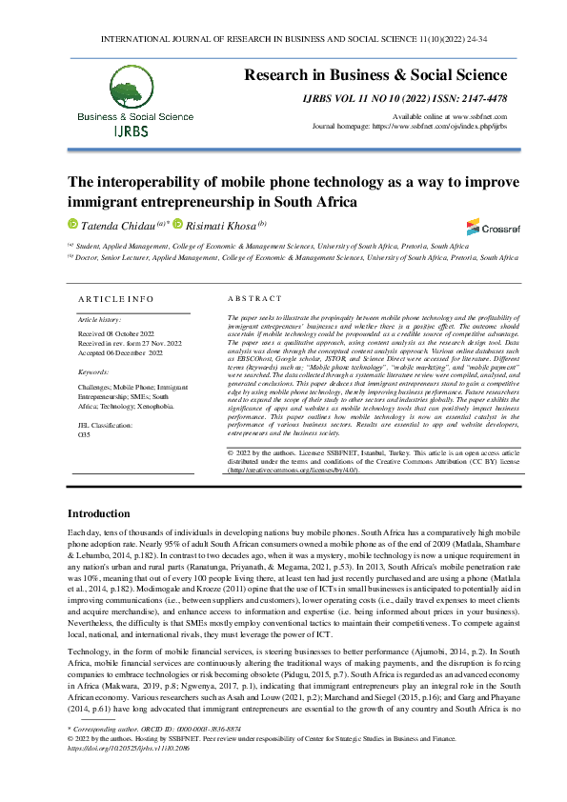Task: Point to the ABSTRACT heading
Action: (256, 298)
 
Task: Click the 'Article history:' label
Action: (100, 319)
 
